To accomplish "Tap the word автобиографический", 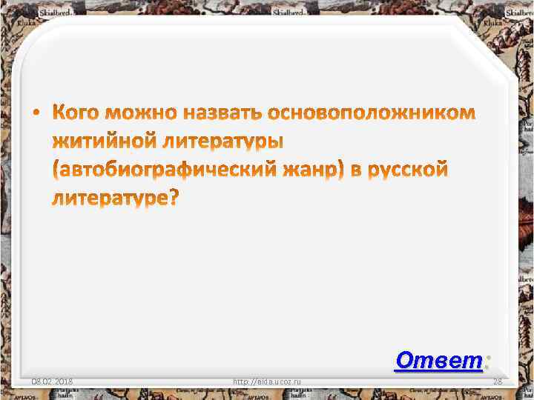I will (x=166, y=170).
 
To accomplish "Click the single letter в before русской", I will (x=357, y=170).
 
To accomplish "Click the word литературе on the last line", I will (x=111, y=198).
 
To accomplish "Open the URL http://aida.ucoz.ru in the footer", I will (x=267, y=381).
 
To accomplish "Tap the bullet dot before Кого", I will (x=38, y=115).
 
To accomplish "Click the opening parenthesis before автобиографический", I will (x=56, y=170).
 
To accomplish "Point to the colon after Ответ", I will (x=487, y=361).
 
